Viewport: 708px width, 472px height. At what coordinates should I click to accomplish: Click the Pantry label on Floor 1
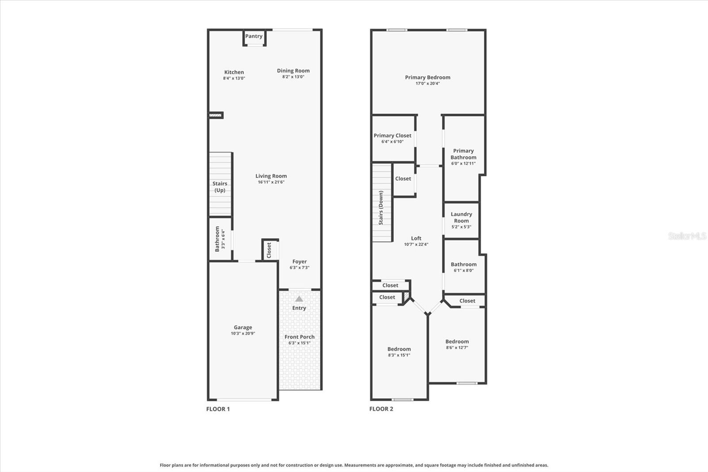pos(254,36)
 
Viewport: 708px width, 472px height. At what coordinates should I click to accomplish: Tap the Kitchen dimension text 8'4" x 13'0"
pos(234,78)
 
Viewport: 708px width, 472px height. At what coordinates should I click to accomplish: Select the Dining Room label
pos(293,70)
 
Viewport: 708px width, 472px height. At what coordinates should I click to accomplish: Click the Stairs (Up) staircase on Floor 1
pos(220,185)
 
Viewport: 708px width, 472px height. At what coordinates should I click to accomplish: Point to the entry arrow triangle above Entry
pos(299,299)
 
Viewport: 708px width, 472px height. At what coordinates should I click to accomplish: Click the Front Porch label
pos(299,337)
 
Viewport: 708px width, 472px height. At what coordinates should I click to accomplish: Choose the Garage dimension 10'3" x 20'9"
pos(242,333)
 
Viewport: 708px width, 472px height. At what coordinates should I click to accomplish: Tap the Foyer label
pos(299,262)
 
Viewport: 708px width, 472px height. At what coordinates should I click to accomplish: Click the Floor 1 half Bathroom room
pos(220,239)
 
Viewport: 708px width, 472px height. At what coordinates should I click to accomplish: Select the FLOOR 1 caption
pos(218,409)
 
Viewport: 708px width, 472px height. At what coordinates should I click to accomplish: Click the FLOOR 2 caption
pos(381,409)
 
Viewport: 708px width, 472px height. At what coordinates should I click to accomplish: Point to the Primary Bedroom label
pos(427,77)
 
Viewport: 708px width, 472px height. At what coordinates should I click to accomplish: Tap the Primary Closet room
pos(392,138)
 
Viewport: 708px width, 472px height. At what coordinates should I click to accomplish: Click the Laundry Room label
pos(461,217)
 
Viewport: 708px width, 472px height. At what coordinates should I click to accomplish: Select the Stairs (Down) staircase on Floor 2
pos(381,203)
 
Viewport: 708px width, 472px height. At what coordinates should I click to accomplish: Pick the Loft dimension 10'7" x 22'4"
pos(416,244)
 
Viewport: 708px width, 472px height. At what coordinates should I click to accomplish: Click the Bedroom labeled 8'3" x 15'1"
pos(399,352)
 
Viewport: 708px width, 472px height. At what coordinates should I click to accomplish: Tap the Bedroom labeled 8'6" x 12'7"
pos(457,344)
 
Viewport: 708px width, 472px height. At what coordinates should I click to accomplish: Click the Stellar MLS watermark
pos(687,236)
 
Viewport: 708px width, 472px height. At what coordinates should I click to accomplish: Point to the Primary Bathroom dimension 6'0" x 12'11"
pos(463,163)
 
